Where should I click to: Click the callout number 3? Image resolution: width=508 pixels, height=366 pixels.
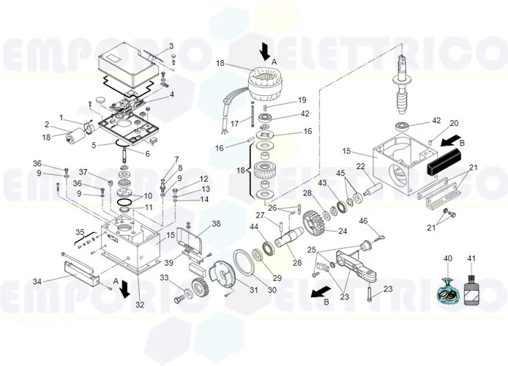pyautogui.click(x=171, y=46)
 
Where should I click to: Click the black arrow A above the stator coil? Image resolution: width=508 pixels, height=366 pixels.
pyautogui.click(x=265, y=51)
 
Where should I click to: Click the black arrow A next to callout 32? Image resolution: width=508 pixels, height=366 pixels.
pyautogui.click(x=126, y=288)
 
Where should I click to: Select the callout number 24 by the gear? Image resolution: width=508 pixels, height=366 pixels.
pyautogui.click(x=341, y=232)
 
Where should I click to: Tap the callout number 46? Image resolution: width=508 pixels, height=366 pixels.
pyautogui.click(x=363, y=221)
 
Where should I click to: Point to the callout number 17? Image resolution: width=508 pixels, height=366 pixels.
pyautogui.click(x=234, y=124)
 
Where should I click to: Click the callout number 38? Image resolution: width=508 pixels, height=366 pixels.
pyautogui.click(x=216, y=223)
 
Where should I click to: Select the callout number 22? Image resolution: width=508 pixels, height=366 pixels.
pyautogui.click(x=360, y=167)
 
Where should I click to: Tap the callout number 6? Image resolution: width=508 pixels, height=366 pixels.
pyautogui.click(x=147, y=154)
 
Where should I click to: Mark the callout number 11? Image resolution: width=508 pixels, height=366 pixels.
pyautogui.click(x=149, y=207)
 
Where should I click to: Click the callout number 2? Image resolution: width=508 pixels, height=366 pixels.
pyautogui.click(x=46, y=124)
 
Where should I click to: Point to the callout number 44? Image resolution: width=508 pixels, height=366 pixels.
pyautogui.click(x=254, y=227)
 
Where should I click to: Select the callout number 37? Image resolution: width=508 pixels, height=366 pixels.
pyautogui.click(x=83, y=172)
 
